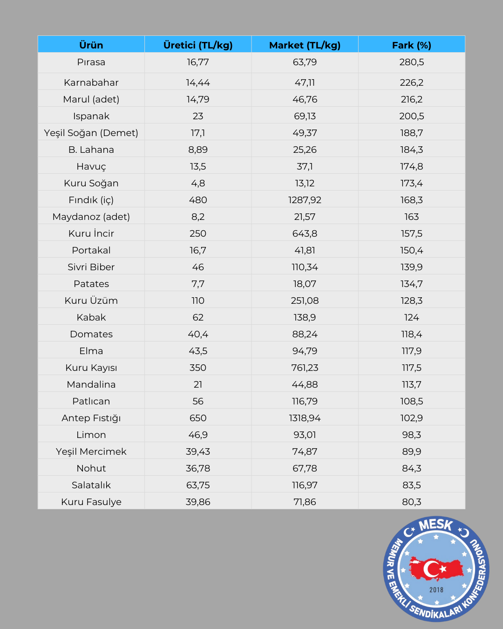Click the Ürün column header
click(x=91, y=45)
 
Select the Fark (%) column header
click(x=411, y=45)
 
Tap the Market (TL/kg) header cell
click(x=305, y=45)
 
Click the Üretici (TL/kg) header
click(x=198, y=45)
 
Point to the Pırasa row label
click(x=91, y=62)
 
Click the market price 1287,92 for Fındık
click(x=305, y=200)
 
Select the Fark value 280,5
click(x=411, y=62)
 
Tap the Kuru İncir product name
click(x=91, y=233)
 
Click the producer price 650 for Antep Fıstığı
click(x=198, y=418)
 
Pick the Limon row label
click(x=91, y=435)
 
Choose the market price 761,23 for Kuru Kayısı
click(x=305, y=368)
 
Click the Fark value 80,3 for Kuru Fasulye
click(x=411, y=502)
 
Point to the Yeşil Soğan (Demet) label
click(x=91, y=133)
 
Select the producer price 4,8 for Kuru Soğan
click(x=198, y=183)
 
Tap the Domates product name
click(x=91, y=334)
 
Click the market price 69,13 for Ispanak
click(x=305, y=116)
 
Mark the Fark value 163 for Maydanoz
click(x=411, y=217)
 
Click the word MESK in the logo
click(x=435, y=526)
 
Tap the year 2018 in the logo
click(x=436, y=590)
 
